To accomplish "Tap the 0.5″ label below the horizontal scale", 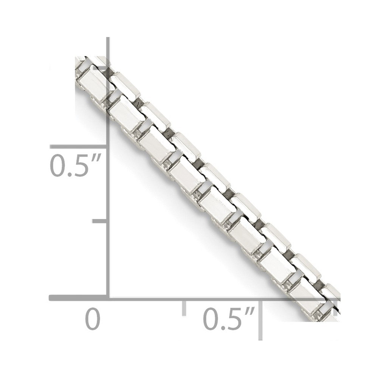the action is click(x=229, y=319).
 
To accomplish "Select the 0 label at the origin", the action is click(x=93, y=319).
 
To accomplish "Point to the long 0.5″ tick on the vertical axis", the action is click(x=78, y=147).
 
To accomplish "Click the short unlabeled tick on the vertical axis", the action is click(x=100, y=221).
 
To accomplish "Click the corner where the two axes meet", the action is click(x=108, y=298).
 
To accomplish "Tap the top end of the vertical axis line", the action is click(x=108, y=37).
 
